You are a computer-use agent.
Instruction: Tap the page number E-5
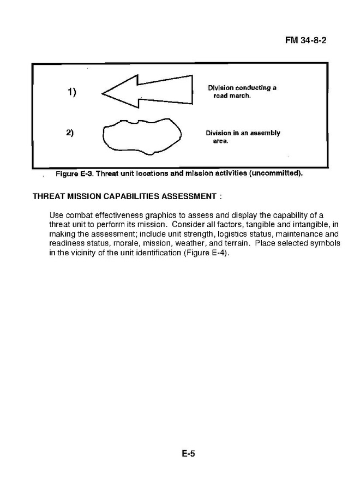pos(188,453)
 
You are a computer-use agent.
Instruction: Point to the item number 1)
pos(71,92)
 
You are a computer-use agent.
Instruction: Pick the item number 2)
pos(70,133)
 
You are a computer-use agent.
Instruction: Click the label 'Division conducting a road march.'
pos(242,91)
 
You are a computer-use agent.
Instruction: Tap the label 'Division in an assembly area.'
pos(242,136)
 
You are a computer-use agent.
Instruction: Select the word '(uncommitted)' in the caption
pos(276,174)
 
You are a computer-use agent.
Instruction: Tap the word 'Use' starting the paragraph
pos(56,215)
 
